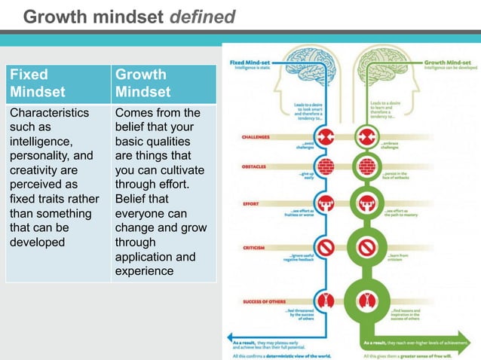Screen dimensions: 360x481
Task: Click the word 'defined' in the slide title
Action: click(202, 15)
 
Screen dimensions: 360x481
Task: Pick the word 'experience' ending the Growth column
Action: click(144, 271)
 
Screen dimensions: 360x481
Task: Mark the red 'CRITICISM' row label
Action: click(255, 248)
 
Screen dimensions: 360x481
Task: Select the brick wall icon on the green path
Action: click(367, 166)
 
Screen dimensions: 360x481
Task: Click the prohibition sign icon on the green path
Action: click(367, 247)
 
